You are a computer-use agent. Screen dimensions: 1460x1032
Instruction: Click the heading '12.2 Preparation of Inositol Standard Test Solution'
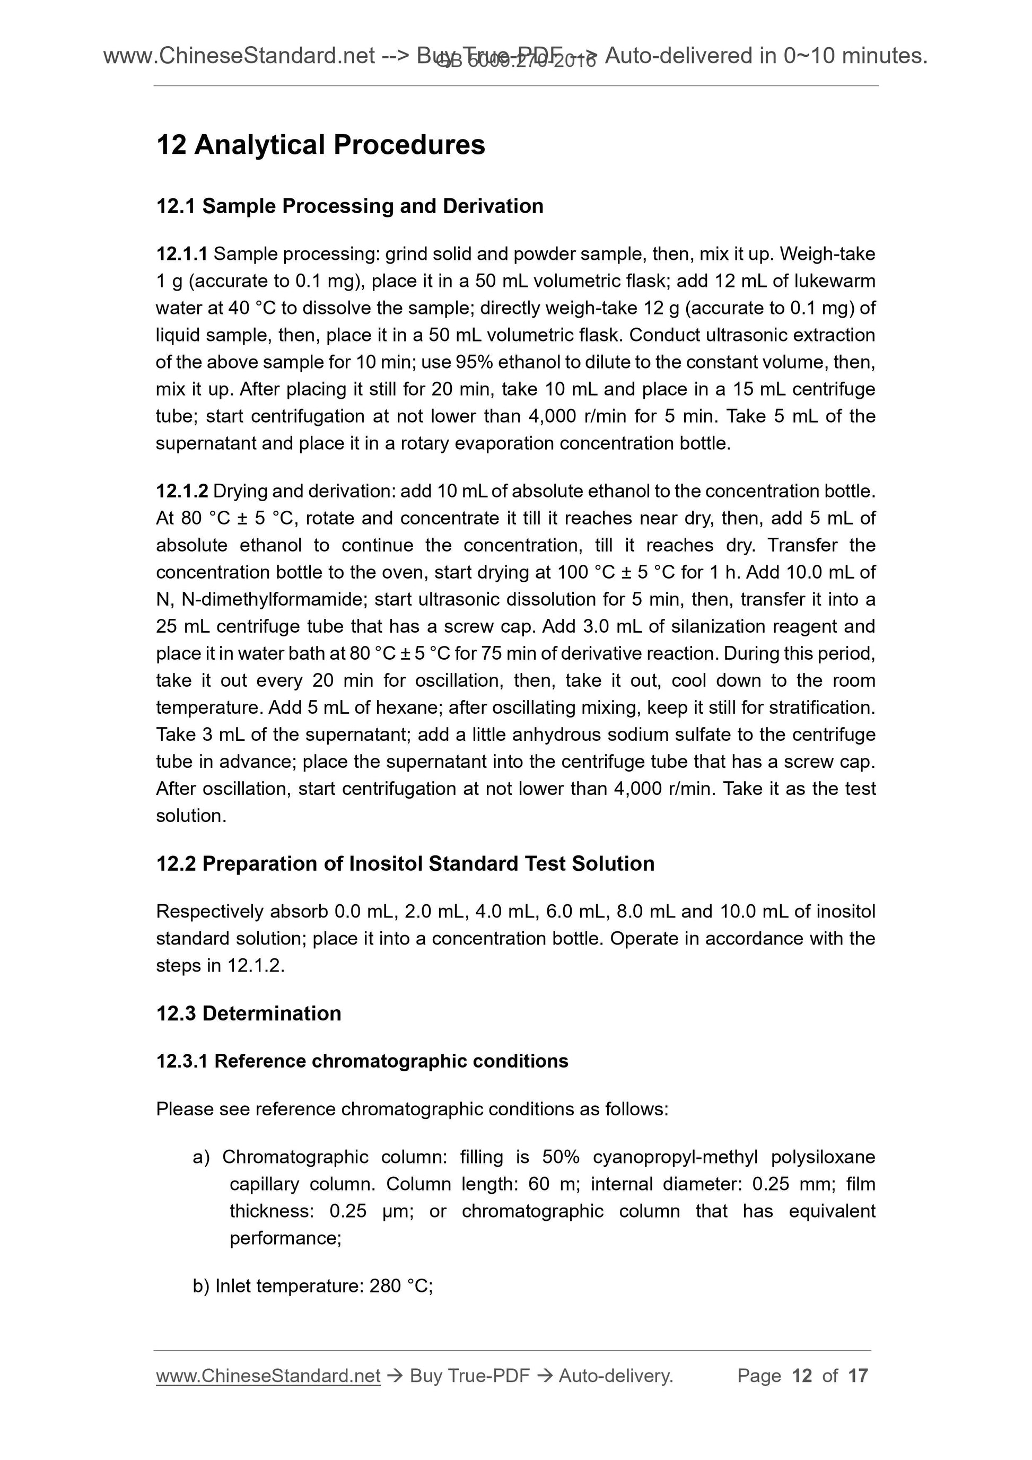tap(405, 863)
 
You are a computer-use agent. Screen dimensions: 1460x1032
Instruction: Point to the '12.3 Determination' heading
tap(249, 1013)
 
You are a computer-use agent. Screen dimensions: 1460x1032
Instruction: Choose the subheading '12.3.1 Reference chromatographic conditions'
tap(362, 1061)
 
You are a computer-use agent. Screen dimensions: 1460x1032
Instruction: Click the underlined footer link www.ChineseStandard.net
tap(268, 1376)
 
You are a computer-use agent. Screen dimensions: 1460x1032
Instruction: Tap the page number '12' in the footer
tap(802, 1376)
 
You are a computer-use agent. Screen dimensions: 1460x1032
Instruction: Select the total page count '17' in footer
tap(858, 1376)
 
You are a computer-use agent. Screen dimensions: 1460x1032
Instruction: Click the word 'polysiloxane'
tap(823, 1157)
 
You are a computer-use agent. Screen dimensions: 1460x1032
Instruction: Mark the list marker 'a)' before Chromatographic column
tap(201, 1157)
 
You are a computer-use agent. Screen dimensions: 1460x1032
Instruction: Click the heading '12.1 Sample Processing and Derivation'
tap(349, 206)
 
